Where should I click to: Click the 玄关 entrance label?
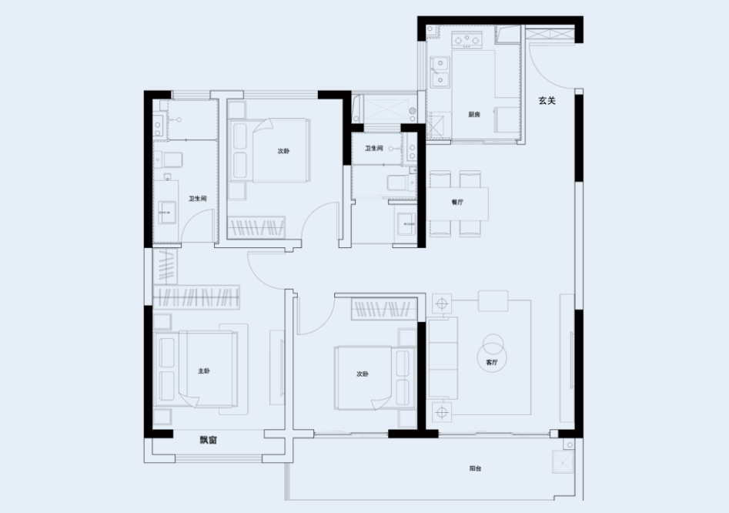tap(547, 100)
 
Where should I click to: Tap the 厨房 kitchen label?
tap(473, 115)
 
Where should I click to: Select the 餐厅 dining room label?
tap(457, 203)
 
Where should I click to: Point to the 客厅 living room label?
tap(491, 362)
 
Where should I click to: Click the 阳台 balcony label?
tap(475, 469)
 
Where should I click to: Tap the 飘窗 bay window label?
tap(209, 440)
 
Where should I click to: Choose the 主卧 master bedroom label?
tap(204, 371)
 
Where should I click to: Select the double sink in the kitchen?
tap(440, 72)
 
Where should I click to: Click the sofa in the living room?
tap(442, 358)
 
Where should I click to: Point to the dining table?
tap(457, 203)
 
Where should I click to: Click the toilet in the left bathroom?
tap(169, 159)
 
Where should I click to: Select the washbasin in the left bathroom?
tap(167, 213)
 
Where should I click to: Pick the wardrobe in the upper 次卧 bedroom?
tap(256, 228)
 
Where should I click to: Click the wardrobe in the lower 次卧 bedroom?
tap(384, 309)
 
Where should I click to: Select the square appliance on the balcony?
tap(563, 462)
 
